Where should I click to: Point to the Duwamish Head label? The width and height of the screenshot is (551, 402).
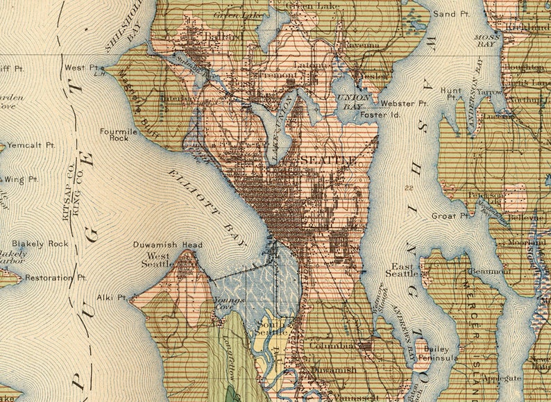[x=167, y=245]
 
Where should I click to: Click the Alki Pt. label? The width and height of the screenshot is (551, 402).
[x=112, y=297]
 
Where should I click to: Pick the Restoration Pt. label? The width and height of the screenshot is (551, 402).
[x=56, y=278]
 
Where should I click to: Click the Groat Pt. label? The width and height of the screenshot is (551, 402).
[x=450, y=216]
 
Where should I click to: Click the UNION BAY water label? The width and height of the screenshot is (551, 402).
[x=348, y=101]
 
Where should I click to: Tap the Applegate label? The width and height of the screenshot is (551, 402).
[x=503, y=378]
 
